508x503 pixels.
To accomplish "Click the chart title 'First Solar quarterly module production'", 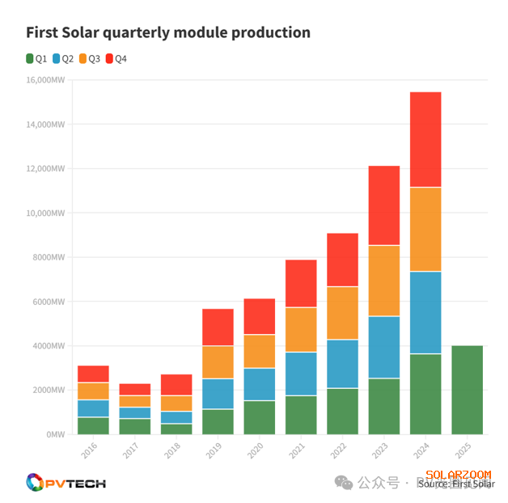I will coord(168,33).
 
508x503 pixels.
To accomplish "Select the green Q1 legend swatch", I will coord(30,58).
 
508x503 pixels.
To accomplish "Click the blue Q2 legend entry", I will coord(63,58).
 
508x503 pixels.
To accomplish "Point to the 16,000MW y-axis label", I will coord(45,80).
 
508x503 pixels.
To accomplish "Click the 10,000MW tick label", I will coord(45,213).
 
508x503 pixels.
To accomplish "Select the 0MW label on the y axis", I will coord(54,434).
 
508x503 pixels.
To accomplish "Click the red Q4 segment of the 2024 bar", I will coord(425,139).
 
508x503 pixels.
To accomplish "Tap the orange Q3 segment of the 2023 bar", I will coord(384,281).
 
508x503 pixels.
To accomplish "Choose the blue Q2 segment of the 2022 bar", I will coord(342,364).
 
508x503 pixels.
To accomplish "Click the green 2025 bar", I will coord(467,390).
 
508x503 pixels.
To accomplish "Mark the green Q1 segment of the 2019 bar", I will coord(218,421).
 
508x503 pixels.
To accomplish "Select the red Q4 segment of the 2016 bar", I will coord(93,374).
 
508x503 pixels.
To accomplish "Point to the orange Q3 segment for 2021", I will coord(301,329).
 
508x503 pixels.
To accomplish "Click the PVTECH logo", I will coord(66,483).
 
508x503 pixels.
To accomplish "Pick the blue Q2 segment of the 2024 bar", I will coord(425,312).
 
